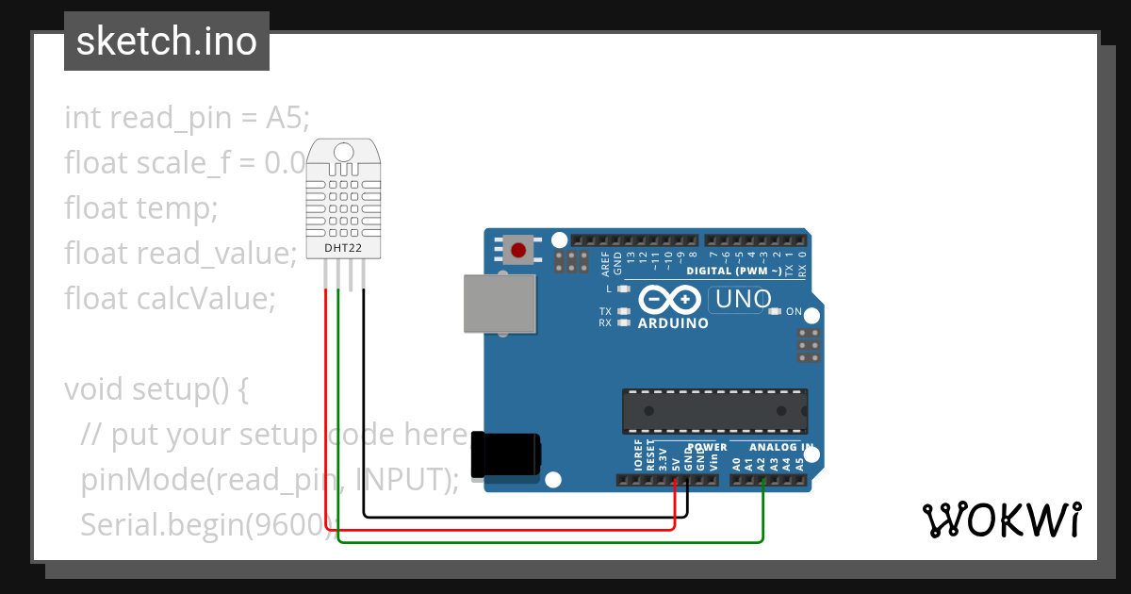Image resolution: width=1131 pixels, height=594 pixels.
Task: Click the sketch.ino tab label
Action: click(x=166, y=41)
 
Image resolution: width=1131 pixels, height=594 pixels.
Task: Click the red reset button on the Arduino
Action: click(x=518, y=250)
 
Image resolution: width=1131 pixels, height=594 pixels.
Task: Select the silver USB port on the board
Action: click(x=500, y=304)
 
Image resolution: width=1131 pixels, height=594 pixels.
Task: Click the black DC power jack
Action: click(x=506, y=454)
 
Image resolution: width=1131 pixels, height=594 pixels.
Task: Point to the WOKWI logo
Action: click(x=1001, y=520)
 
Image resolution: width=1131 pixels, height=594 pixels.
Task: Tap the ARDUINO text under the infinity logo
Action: click(x=673, y=323)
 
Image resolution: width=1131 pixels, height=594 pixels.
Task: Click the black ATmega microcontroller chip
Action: click(x=713, y=410)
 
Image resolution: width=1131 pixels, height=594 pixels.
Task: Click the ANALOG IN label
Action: click(x=781, y=447)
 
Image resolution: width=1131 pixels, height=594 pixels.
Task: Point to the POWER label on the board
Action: click(x=706, y=447)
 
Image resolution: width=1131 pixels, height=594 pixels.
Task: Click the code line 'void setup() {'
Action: click(x=156, y=388)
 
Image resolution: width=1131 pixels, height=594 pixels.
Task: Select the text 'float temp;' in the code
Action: click(x=140, y=207)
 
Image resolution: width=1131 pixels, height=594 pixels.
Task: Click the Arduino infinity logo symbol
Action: click(x=668, y=301)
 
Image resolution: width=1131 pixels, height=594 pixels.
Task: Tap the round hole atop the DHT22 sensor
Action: click(x=343, y=151)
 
